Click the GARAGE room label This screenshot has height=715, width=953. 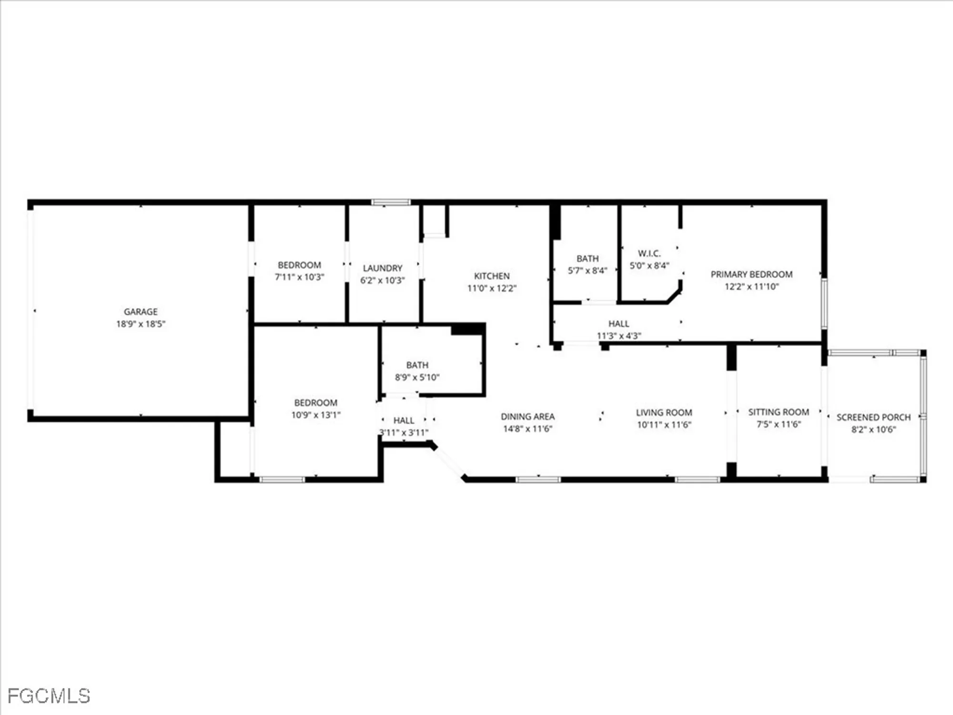click(x=141, y=312)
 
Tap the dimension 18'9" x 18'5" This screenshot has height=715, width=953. click(x=141, y=324)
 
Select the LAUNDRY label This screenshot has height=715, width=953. click(x=383, y=268)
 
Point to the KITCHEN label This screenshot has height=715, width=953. click(x=492, y=276)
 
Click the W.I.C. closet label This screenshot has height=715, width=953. click(x=649, y=254)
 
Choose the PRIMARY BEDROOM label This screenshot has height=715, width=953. click(x=751, y=275)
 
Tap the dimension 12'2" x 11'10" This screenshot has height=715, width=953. click(x=751, y=286)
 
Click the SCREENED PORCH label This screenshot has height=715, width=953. click(x=873, y=418)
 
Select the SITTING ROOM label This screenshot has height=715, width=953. click(x=779, y=412)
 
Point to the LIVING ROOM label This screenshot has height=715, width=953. click(x=664, y=413)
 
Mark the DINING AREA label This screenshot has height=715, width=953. click(x=527, y=417)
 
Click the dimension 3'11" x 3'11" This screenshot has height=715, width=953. click(x=404, y=433)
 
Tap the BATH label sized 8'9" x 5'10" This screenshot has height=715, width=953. click(x=417, y=365)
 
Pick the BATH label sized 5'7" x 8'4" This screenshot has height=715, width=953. click(x=588, y=259)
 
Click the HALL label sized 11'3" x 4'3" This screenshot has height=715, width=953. click(x=618, y=324)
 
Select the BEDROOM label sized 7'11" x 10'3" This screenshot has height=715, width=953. click(x=299, y=265)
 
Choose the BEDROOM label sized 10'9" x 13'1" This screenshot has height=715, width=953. click(x=315, y=403)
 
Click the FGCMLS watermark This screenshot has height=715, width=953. click(x=49, y=696)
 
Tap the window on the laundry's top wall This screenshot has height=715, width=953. click(x=391, y=203)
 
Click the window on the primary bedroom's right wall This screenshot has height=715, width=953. click(x=824, y=304)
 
